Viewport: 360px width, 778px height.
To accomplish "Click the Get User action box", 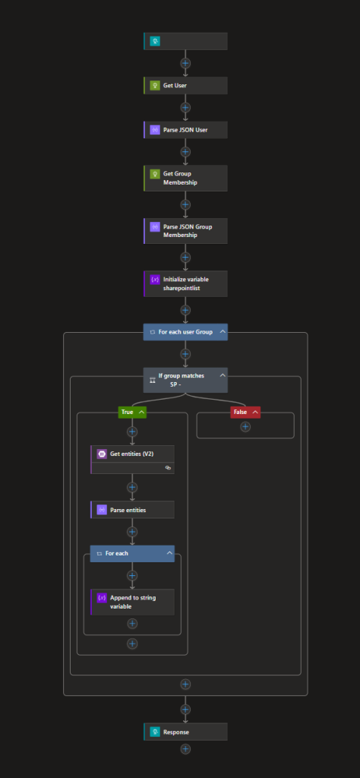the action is coord(185,85).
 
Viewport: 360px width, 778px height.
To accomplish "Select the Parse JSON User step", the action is coord(185,130).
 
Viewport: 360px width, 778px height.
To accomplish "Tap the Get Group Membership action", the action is coord(185,178).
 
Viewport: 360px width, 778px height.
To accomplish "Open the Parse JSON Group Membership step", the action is coord(185,231).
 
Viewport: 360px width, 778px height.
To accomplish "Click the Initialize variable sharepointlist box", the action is coord(185,284).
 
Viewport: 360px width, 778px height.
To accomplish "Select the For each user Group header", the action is coord(185,332).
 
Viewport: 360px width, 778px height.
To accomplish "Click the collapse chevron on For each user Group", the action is coord(223,331).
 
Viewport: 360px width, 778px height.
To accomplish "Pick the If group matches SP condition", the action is coord(185,380).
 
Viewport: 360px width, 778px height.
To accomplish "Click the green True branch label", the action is coord(132,412).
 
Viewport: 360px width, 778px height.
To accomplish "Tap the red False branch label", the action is coord(245,412).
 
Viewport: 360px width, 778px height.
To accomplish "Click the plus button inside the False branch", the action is coord(245,427).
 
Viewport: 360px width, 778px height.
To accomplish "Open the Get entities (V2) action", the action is coord(132,454).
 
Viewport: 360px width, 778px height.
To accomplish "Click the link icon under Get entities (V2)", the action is coord(168,468).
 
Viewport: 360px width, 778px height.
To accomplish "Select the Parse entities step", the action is coord(132,510).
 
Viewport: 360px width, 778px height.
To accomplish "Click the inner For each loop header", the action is coord(132,554).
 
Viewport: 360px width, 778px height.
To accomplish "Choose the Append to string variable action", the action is coord(132,602).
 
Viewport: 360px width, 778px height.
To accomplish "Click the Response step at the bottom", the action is coord(185,732).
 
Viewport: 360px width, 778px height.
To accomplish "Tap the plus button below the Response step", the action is coord(185,749).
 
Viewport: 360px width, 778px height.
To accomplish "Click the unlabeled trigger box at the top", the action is coord(185,41).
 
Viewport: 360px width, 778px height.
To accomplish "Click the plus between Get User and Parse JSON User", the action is coord(185,108).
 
